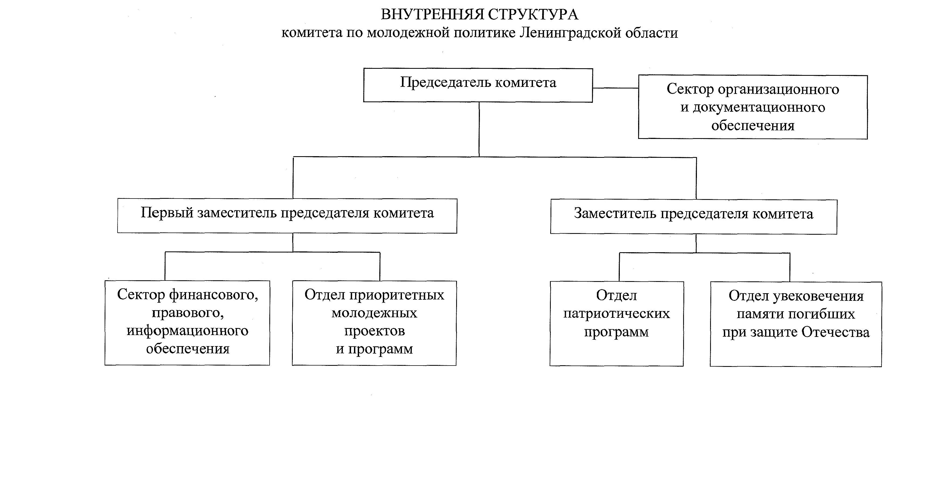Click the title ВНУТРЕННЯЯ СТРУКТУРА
[x=479, y=15]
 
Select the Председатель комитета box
[x=478, y=85]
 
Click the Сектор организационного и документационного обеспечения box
[x=752, y=107]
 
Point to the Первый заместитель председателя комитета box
[x=287, y=216]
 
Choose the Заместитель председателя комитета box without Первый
[x=693, y=216]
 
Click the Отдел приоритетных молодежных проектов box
[x=374, y=323]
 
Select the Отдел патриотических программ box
[x=616, y=323]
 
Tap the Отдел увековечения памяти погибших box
[x=796, y=324]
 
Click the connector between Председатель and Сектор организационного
[x=615, y=88]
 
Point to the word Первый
[x=167, y=213]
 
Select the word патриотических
[x=616, y=313]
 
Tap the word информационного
[x=187, y=331]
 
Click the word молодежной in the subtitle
[x=408, y=33]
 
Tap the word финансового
[x=214, y=295]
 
